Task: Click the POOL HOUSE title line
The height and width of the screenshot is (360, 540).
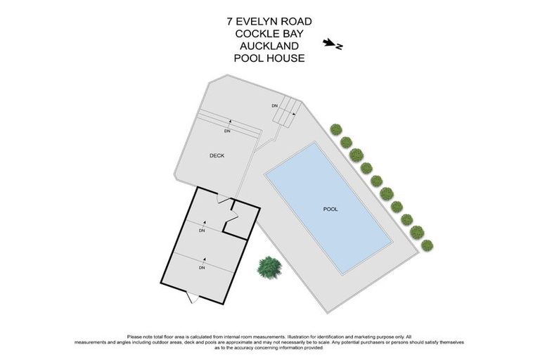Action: pyautogui.click(x=270, y=58)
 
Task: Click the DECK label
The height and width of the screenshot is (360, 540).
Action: pyautogui.click(x=217, y=155)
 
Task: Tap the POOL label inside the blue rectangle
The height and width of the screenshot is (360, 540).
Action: pyautogui.click(x=330, y=209)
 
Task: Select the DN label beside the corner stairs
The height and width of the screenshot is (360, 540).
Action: pyautogui.click(x=275, y=106)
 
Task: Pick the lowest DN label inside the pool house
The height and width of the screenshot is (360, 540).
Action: pyautogui.click(x=202, y=268)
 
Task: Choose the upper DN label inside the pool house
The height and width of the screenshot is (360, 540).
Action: pyautogui.click(x=202, y=231)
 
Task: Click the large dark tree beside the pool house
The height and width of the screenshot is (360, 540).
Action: pyautogui.click(x=269, y=266)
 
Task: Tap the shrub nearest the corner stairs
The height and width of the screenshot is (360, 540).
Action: pyautogui.click(x=336, y=129)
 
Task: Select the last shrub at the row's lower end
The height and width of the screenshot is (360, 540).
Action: pyautogui.click(x=427, y=245)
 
